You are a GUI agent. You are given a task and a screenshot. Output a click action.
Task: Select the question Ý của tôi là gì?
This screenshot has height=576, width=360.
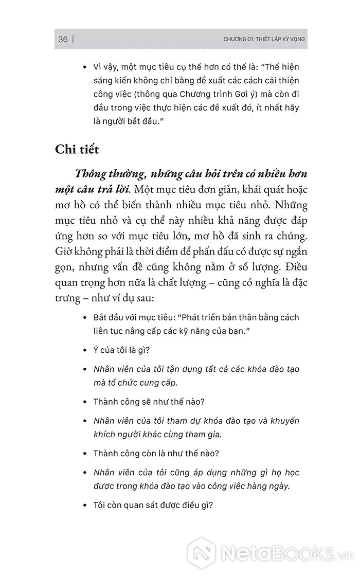point(121,350)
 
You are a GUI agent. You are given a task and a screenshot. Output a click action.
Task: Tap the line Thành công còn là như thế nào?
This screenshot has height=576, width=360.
point(150,454)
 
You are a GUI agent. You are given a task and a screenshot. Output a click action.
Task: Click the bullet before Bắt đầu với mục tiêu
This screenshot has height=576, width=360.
point(85,318)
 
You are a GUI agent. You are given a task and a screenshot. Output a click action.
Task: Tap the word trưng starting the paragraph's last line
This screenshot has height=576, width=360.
point(68,299)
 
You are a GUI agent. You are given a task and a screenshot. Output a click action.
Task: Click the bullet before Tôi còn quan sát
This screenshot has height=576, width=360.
point(85,506)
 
